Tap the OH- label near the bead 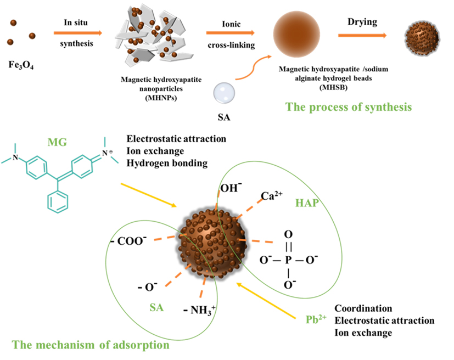tap(229, 189)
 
